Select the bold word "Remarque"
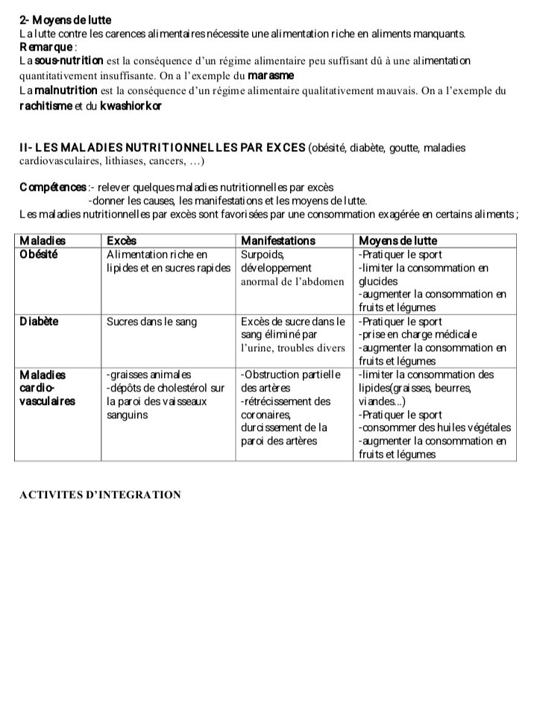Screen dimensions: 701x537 pyautogui.click(x=45, y=47)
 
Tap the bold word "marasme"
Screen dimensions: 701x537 pyautogui.click(x=271, y=76)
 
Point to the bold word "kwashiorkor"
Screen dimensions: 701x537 pyautogui.click(x=131, y=105)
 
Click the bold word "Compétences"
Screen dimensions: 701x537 pyautogui.click(x=52, y=187)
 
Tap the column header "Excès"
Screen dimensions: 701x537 pyautogui.click(x=122, y=241)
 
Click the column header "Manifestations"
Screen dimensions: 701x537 pyautogui.click(x=278, y=241)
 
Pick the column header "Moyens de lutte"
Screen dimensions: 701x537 pyautogui.click(x=398, y=241)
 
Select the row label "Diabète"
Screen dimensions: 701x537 pyautogui.click(x=39, y=321)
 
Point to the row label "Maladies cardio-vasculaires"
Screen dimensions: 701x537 pyautogui.click(x=47, y=388)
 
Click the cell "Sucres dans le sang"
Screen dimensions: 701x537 pyautogui.click(x=151, y=321)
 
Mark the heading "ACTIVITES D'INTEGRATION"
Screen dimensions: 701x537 pyautogui.click(x=100, y=494)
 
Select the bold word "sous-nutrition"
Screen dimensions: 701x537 pyautogui.click(x=65, y=61)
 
